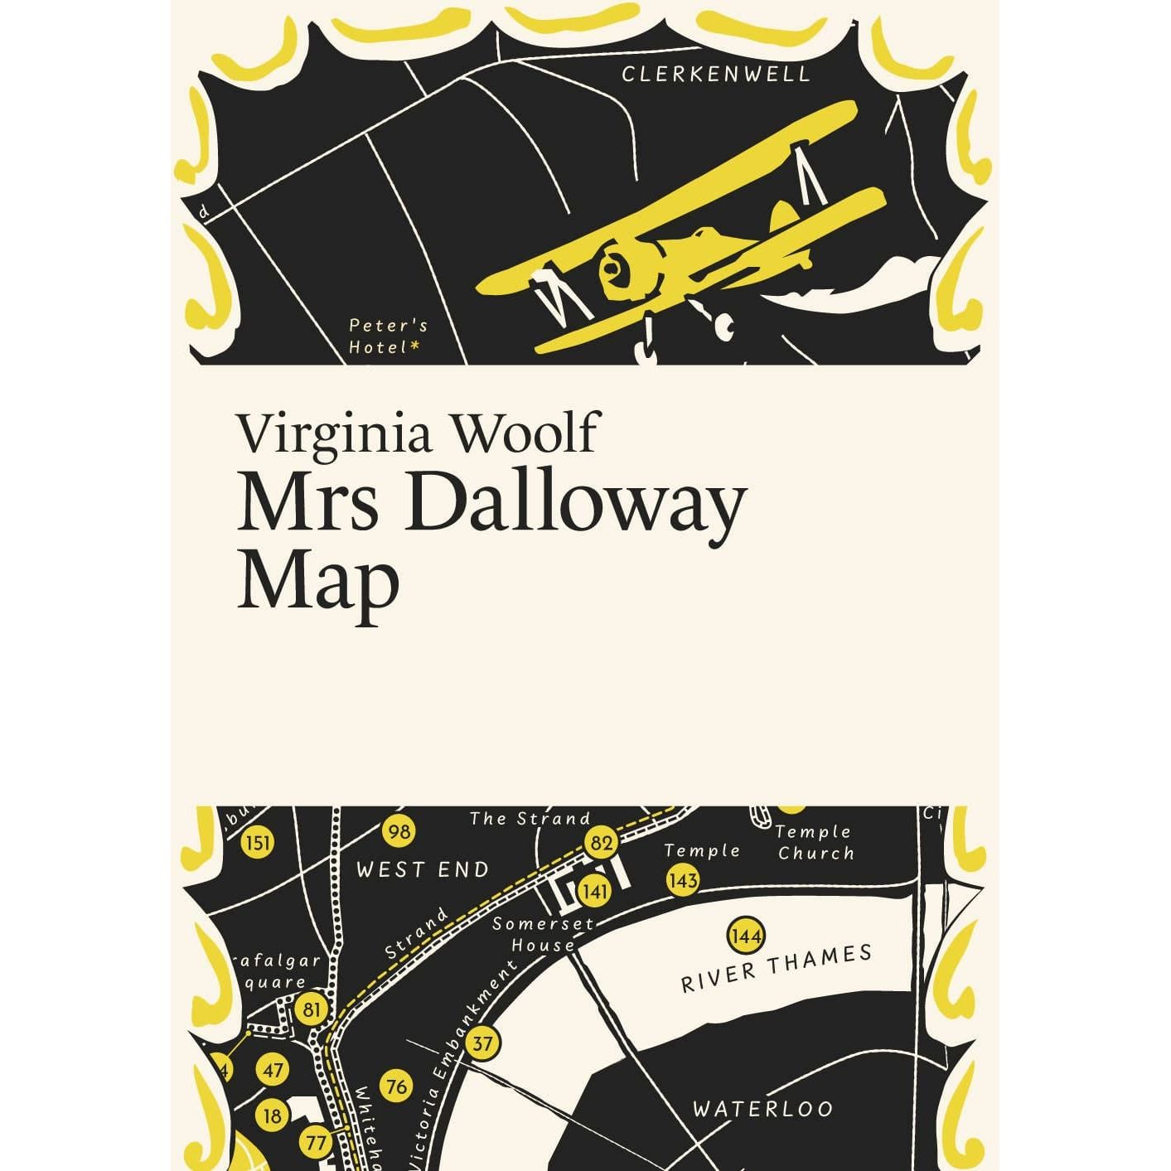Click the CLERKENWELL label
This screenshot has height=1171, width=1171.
[x=715, y=74]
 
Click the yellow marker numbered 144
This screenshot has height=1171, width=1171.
[x=745, y=936]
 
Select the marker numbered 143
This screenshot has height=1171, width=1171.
[x=682, y=879]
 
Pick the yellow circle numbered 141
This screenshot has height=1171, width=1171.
[x=594, y=891]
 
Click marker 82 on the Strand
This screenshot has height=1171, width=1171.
[x=602, y=843]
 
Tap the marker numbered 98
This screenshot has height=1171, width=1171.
[x=399, y=830]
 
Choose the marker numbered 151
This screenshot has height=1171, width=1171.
[x=258, y=843]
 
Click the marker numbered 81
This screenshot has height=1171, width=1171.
[x=312, y=1009]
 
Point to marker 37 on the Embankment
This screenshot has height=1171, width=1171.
[x=482, y=1043]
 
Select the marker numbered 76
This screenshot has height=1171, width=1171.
[x=397, y=1085]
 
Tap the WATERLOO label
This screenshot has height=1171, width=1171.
[x=762, y=1108]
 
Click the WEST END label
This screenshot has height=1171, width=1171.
[x=423, y=869]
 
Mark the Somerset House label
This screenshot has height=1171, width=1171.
[x=544, y=934]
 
